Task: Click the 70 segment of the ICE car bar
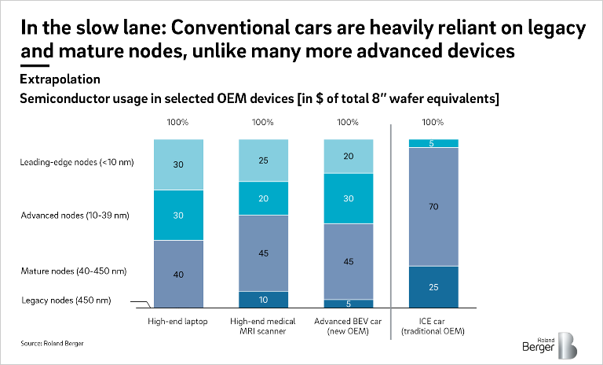(x=433, y=206)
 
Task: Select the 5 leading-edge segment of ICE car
(x=433, y=143)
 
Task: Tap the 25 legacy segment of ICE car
(x=433, y=287)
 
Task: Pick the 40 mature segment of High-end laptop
(x=179, y=274)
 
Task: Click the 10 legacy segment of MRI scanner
(x=263, y=300)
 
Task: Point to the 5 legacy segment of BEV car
(x=349, y=304)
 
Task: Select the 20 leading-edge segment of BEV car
(x=349, y=156)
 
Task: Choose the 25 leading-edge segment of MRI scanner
(x=263, y=160)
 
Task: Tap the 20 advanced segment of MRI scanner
(x=263, y=199)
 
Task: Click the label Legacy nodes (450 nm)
(x=60, y=299)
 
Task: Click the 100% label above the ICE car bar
(x=433, y=122)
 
